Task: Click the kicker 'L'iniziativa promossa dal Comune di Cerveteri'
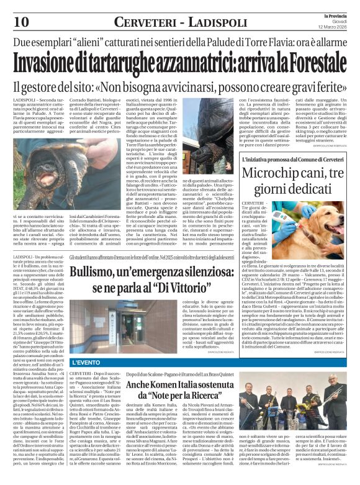tap(285, 159)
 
